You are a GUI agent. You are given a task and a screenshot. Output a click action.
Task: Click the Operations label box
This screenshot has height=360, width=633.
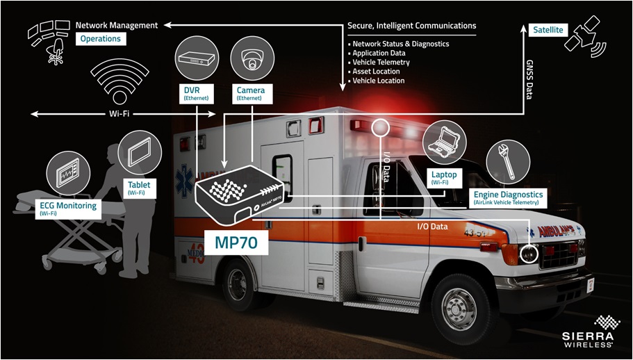[x=100, y=39]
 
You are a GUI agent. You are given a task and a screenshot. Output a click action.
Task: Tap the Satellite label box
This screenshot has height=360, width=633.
[x=548, y=30]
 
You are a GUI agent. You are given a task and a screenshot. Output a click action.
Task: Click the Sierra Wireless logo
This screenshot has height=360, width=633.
[x=588, y=332]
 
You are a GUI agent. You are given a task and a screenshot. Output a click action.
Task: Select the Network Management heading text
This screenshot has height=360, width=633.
[x=116, y=25]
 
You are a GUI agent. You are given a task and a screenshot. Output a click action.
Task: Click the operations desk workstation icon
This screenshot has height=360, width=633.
[x=47, y=40]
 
